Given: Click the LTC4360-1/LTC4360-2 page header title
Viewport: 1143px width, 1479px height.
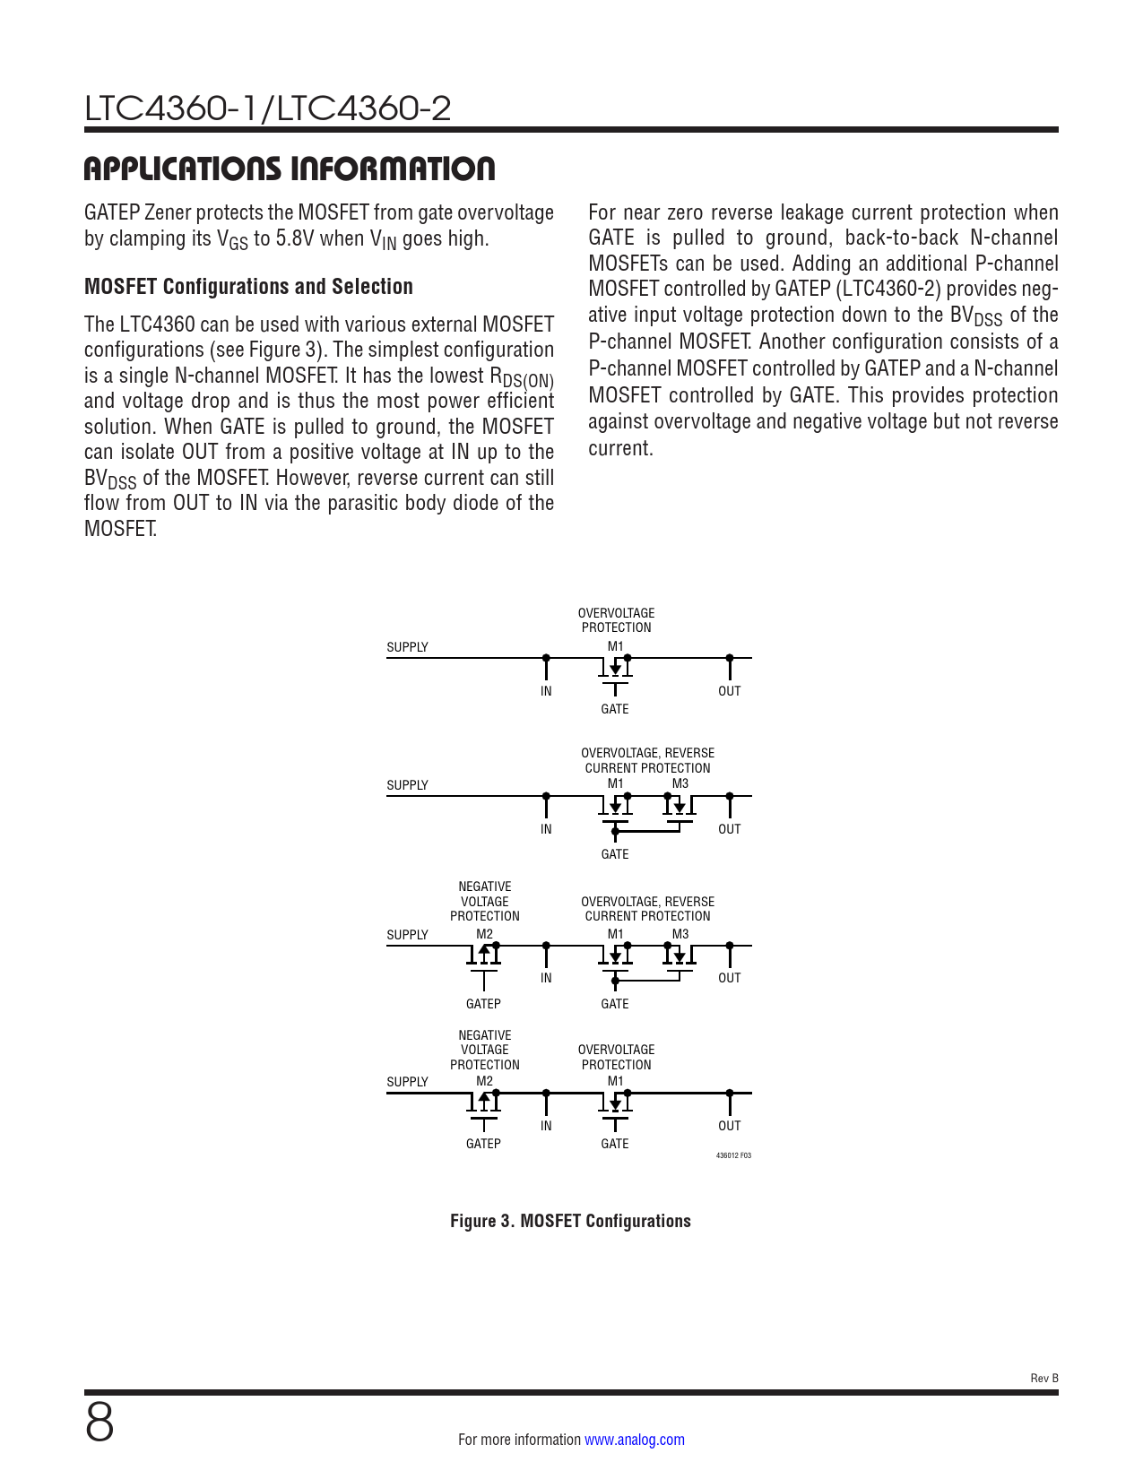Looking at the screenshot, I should pyautogui.click(x=267, y=108).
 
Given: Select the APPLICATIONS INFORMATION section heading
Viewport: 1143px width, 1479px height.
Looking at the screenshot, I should pyautogui.click(x=289, y=169).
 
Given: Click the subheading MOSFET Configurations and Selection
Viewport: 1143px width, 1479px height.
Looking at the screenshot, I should pyautogui.click(x=248, y=287).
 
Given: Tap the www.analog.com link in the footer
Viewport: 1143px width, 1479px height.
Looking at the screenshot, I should pyautogui.click(x=634, y=1440).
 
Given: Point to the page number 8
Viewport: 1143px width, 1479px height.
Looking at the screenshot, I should pyautogui.click(x=100, y=1423).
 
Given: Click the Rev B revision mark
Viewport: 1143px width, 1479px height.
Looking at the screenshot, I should pyautogui.click(x=1043, y=1378).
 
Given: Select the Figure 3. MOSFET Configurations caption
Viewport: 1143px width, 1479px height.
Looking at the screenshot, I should pyautogui.click(x=570, y=1221).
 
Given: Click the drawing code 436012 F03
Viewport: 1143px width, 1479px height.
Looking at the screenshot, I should pyautogui.click(x=733, y=1155).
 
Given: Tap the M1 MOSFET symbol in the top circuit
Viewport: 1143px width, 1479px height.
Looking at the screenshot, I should pyautogui.click(x=615, y=669).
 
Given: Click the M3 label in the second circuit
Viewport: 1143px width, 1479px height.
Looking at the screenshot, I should pyautogui.click(x=680, y=783).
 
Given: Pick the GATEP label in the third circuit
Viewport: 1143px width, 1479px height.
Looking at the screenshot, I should pyautogui.click(x=483, y=1004).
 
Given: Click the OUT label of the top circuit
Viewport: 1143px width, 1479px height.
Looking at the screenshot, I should pyautogui.click(x=730, y=691).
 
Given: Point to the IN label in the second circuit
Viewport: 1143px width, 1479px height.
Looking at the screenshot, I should pyautogui.click(x=546, y=829).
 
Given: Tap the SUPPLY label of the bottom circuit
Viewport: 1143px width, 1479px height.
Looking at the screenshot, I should pyautogui.click(x=407, y=1082).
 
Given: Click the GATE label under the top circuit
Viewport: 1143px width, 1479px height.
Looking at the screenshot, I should pyautogui.click(x=615, y=709).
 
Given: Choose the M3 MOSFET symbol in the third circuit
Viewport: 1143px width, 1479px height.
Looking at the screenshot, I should pyautogui.click(x=680, y=956).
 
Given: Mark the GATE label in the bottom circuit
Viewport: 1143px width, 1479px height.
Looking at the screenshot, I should pyautogui.click(x=615, y=1144).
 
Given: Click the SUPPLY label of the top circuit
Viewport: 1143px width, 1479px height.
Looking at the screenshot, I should pyautogui.click(x=407, y=647).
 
